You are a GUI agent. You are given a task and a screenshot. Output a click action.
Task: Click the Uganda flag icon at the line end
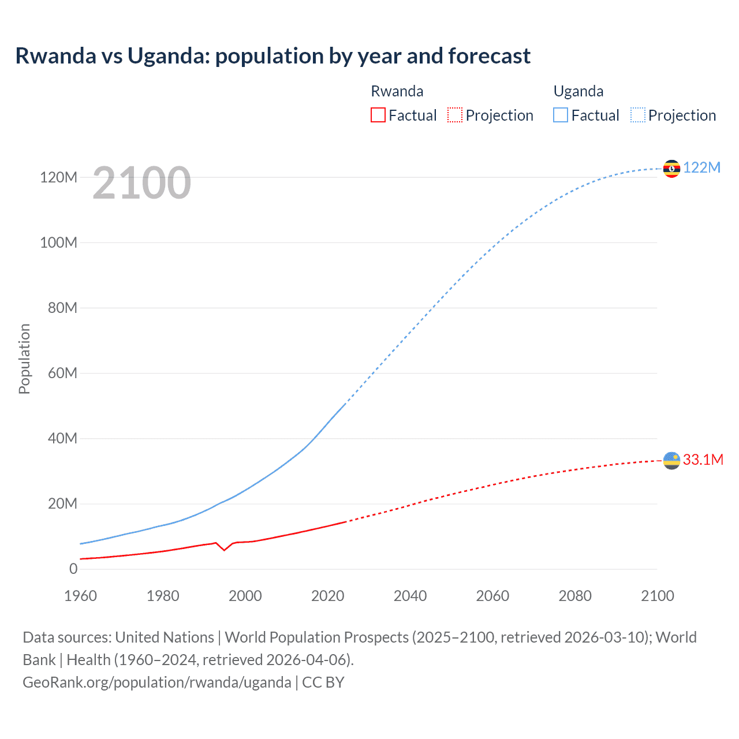(671, 169)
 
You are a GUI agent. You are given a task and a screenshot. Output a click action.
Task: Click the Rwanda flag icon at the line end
(671, 461)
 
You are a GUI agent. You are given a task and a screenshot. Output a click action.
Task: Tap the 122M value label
(701, 167)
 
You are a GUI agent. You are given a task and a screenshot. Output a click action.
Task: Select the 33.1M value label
(703, 460)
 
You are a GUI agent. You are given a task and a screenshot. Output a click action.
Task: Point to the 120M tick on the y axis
(58, 177)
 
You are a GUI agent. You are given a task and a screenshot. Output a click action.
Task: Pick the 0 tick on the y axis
(73, 569)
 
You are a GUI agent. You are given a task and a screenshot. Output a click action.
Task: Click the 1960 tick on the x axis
(80, 596)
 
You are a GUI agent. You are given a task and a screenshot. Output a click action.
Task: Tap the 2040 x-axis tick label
(410, 596)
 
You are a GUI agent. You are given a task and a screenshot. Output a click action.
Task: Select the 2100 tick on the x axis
(657, 596)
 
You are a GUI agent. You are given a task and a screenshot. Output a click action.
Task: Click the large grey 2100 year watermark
(141, 183)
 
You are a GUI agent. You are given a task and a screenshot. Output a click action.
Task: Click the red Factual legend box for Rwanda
(378, 115)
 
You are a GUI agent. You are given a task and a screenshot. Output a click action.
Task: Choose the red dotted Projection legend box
(455, 115)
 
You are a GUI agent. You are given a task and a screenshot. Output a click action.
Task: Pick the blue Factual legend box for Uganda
(561, 115)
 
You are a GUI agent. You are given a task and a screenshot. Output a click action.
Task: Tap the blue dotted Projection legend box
(638, 115)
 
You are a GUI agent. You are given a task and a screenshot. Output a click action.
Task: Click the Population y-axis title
(24, 359)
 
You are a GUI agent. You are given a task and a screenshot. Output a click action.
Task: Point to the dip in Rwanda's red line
(224, 550)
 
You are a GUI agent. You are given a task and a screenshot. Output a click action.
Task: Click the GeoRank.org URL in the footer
(156, 682)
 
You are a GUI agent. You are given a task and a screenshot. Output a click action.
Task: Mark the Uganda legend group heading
(578, 91)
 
